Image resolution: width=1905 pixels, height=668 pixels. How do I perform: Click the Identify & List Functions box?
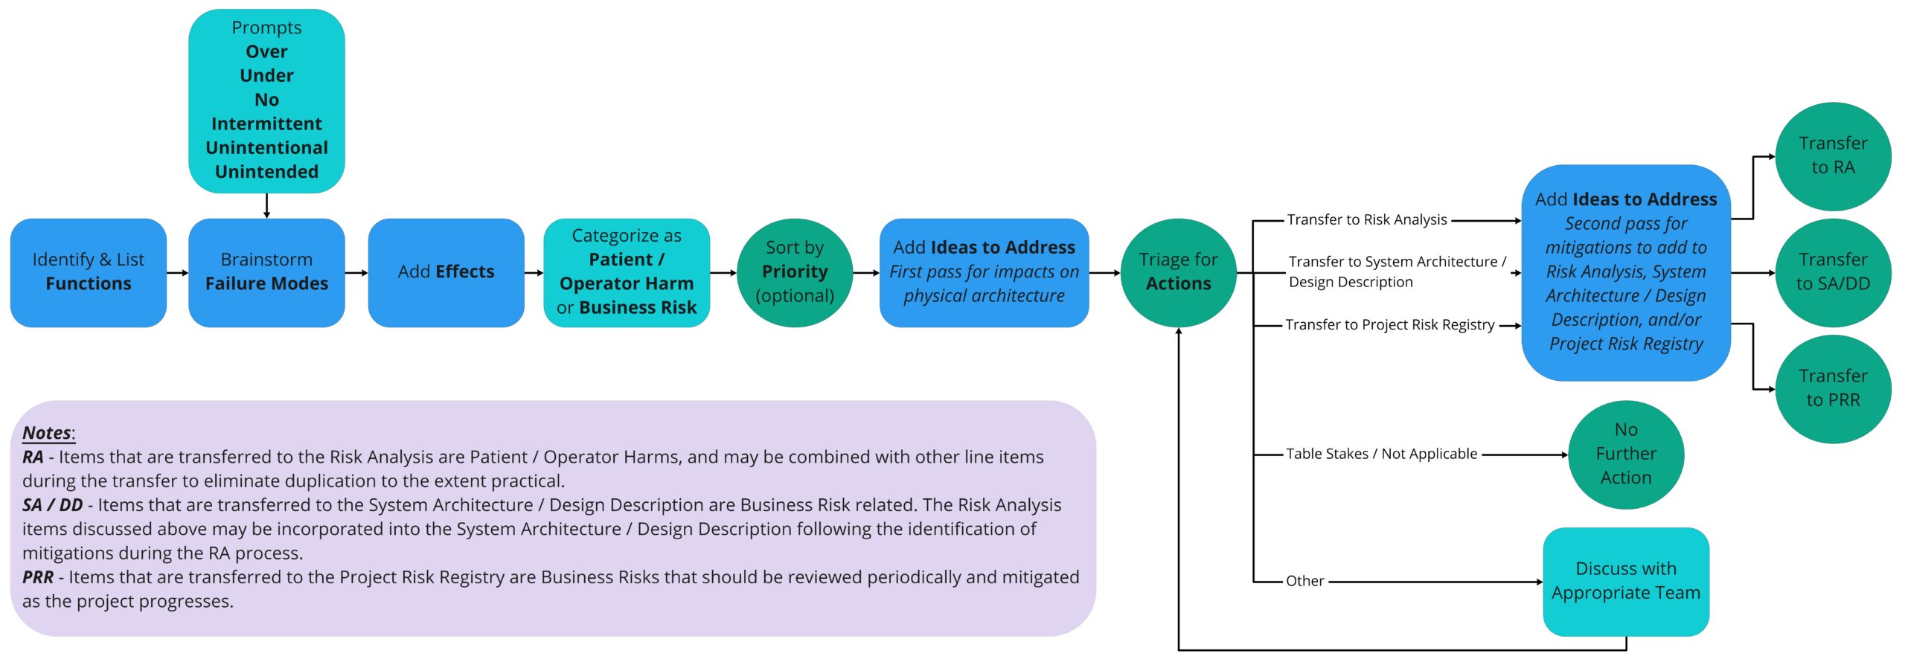(x=88, y=272)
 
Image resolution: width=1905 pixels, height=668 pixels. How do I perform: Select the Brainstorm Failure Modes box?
(x=266, y=272)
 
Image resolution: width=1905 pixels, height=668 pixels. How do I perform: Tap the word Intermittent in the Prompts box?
(x=266, y=123)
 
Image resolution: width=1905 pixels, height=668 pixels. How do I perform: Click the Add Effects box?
(x=446, y=272)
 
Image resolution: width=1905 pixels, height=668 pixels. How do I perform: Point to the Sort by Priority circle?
(x=794, y=272)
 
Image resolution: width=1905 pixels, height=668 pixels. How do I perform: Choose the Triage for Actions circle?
(x=1178, y=272)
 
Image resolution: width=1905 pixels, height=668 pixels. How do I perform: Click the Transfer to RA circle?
(x=1832, y=155)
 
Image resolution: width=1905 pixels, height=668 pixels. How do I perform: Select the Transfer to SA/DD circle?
(x=1832, y=272)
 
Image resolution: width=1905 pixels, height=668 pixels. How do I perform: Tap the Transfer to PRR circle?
(x=1832, y=388)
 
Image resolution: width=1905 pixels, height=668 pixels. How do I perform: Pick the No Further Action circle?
(x=1625, y=454)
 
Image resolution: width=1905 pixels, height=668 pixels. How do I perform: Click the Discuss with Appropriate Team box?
(x=1625, y=581)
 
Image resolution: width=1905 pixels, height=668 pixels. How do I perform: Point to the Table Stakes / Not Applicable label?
(x=1381, y=454)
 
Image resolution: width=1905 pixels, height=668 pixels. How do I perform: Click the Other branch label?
(x=1304, y=581)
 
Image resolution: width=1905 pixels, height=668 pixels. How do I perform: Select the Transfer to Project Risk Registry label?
(x=1389, y=325)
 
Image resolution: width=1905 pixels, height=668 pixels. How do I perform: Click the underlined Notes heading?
(x=47, y=433)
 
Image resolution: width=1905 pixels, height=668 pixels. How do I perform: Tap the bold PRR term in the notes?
(x=37, y=577)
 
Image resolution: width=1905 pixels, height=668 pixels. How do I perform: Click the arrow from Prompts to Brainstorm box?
(x=266, y=205)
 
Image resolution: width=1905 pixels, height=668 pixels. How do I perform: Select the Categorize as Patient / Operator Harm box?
(x=626, y=272)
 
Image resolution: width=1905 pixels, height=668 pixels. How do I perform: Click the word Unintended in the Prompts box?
(x=266, y=172)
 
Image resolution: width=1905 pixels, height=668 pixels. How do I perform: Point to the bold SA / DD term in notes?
(x=52, y=505)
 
